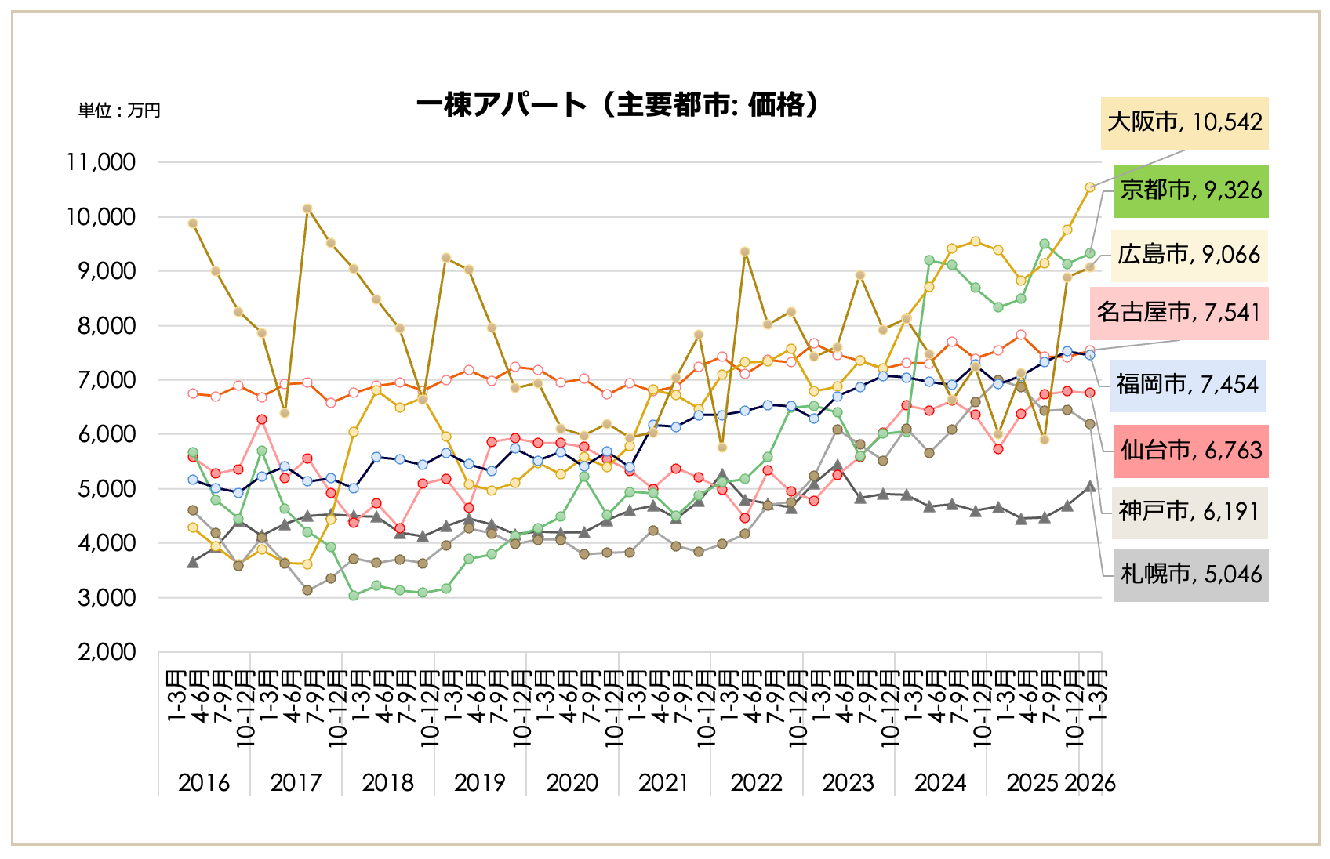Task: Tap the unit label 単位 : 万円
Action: click(119, 111)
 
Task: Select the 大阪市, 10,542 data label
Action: click(1184, 123)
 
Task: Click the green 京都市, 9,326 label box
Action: click(1190, 190)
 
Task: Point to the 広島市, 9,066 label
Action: click(1189, 255)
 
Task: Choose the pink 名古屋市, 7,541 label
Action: click(1179, 313)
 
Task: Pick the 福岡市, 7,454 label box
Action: click(1187, 385)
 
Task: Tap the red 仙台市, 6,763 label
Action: click(1190, 451)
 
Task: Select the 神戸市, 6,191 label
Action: click(1189, 512)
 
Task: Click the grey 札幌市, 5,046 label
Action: click(1190, 574)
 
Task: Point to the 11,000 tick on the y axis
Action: click(101, 162)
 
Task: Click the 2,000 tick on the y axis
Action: click(107, 652)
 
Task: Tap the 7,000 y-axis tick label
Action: click(107, 380)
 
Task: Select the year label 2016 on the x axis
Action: click(204, 782)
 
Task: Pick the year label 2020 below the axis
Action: click(572, 782)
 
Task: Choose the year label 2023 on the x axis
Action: click(848, 782)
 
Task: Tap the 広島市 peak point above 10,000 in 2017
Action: click(307, 208)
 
